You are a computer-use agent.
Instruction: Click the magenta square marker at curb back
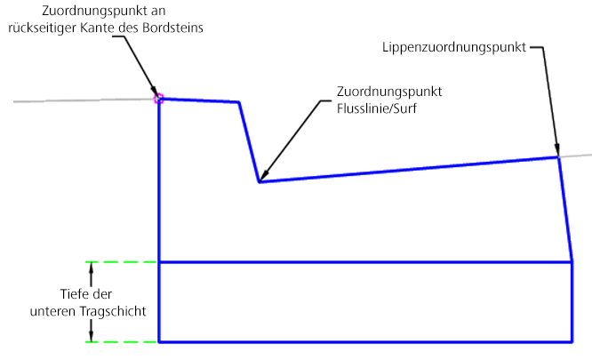(x=159, y=99)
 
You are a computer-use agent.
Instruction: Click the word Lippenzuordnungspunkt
(x=455, y=45)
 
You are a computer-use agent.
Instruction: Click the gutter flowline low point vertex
(x=259, y=182)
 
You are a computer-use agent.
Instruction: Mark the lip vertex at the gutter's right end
(x=558, y=157)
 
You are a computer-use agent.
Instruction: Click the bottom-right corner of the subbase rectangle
(x=572, y=341)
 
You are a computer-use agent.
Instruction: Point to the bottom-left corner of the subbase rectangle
(x=159, y=341)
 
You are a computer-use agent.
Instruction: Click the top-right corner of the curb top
(x=239, y=102)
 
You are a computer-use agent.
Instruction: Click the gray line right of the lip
(x=576, y=156)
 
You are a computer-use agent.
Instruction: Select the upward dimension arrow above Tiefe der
(x=91, y=270)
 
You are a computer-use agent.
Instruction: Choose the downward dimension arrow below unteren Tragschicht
(x=91, y=334)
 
